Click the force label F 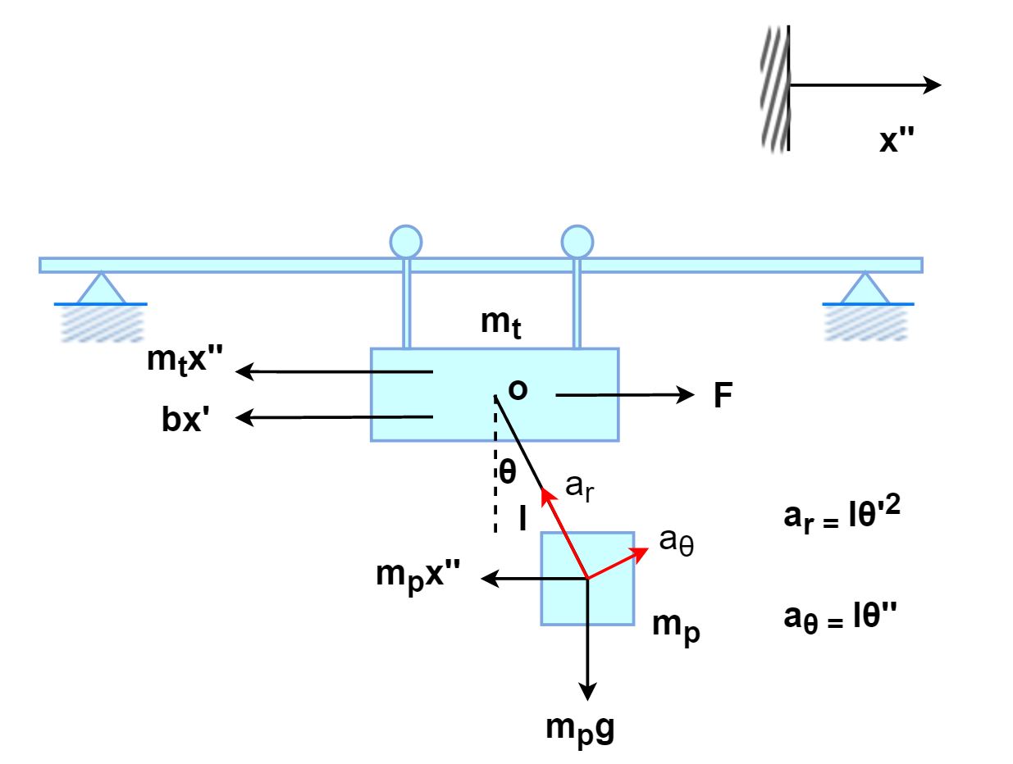click(723, 396)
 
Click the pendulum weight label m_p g click(581, 728)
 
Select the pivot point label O click(518, 390)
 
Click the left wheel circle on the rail click(405, 242)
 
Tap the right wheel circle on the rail click(577, 242)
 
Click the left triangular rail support click(100, 289)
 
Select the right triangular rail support click(866, 289)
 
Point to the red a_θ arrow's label click(677, 542)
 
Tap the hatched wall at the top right click(774, 89)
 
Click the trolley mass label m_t click(501, 324)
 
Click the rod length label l click(522, 521)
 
